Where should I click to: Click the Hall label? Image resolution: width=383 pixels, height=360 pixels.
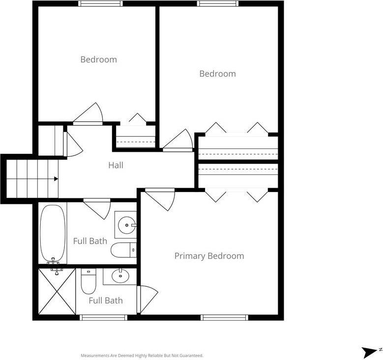116,165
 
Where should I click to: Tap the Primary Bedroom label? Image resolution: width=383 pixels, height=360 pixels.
209,256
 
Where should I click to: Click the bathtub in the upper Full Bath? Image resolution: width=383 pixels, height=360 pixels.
53,233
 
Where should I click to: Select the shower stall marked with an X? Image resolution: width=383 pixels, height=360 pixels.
57,291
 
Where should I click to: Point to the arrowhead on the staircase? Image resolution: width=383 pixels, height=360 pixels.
56,179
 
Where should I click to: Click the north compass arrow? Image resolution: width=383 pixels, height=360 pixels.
369,351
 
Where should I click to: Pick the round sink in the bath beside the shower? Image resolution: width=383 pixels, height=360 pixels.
120,276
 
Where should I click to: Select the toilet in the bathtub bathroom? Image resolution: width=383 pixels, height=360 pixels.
123,250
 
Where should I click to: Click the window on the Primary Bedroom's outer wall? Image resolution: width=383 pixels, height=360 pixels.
225,317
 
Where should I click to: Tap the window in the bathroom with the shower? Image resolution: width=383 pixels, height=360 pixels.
104,317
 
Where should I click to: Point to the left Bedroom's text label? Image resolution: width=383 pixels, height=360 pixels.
99,59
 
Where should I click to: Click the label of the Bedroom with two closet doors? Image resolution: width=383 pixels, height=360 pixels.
218,74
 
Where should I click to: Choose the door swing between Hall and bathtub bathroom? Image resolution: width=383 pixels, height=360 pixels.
97,209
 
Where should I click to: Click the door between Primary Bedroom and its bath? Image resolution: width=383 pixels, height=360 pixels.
147,300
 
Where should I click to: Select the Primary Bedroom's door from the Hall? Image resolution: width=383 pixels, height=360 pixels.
160,199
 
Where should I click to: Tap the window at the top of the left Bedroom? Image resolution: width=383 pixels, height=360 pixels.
100,3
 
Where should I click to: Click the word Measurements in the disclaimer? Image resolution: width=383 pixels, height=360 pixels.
95,356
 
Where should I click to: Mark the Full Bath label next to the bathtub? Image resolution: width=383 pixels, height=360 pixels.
90,241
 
